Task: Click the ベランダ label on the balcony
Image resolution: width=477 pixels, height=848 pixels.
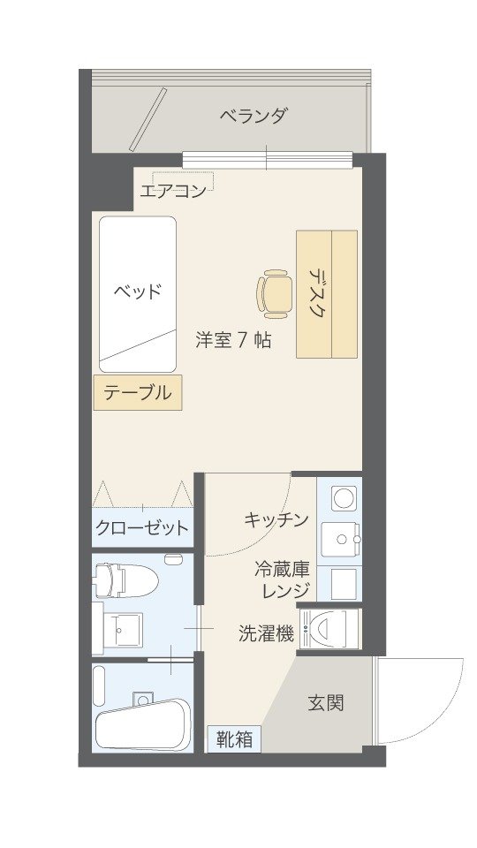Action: [x=253, y=116]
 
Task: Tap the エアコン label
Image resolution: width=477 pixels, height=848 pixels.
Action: [x=173, y=191]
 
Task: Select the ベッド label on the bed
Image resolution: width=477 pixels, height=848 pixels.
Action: [x=138, y=292]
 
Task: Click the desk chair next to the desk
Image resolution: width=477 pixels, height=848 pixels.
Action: [x=274, y=293]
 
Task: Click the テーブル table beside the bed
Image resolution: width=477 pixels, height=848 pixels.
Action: [x=138, y=392]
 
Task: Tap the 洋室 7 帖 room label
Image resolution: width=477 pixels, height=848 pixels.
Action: [x=233, y=341]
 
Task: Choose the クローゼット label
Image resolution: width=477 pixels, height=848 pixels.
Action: [x=141, y=527]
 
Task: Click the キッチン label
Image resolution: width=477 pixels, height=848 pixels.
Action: [x=276, y=519]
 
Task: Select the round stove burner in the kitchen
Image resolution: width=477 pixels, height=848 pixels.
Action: [x=344, y=497]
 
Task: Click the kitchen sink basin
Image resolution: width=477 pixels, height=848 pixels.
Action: [x=341, y=540]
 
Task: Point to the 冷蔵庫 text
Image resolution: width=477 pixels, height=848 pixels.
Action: [x=283, y=570]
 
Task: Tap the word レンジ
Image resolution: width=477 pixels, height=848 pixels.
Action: [x=286, y=591]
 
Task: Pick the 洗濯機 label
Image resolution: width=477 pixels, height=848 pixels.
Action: [x=267, y=633]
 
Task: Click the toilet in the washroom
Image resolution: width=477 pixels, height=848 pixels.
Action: [x=125, y=580]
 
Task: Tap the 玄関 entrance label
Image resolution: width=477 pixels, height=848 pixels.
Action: [x=326, y=703]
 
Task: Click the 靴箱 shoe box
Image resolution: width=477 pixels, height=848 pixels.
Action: [x=235, y=738]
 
